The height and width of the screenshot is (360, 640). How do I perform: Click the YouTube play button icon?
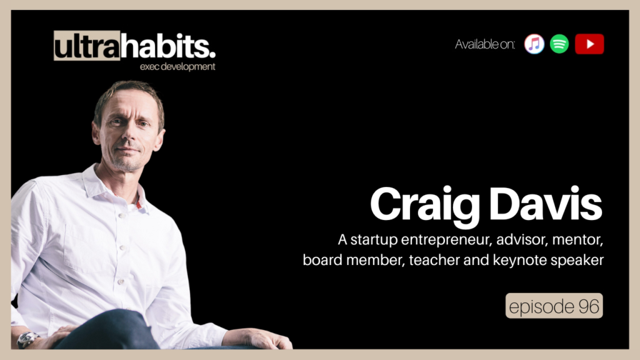pos(589,44)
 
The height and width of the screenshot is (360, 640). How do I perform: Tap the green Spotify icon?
pos(559,44)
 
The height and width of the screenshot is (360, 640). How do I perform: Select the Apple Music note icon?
pos(534,44)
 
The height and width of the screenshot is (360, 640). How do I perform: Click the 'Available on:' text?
pos(485,44)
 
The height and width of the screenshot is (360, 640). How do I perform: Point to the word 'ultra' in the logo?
pos(87,46)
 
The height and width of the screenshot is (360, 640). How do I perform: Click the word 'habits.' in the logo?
pos(168,46)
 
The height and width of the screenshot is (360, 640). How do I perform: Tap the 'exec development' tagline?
pos(177,66)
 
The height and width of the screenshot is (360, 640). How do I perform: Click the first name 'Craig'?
pos(425,205)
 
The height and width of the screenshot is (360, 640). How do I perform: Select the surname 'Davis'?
pos(545,204)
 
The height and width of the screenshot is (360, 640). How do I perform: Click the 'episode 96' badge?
pos(554,306)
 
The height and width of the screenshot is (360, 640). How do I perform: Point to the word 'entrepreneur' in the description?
pos(446,239)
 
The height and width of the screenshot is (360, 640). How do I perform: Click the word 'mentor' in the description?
pos(577,240)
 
